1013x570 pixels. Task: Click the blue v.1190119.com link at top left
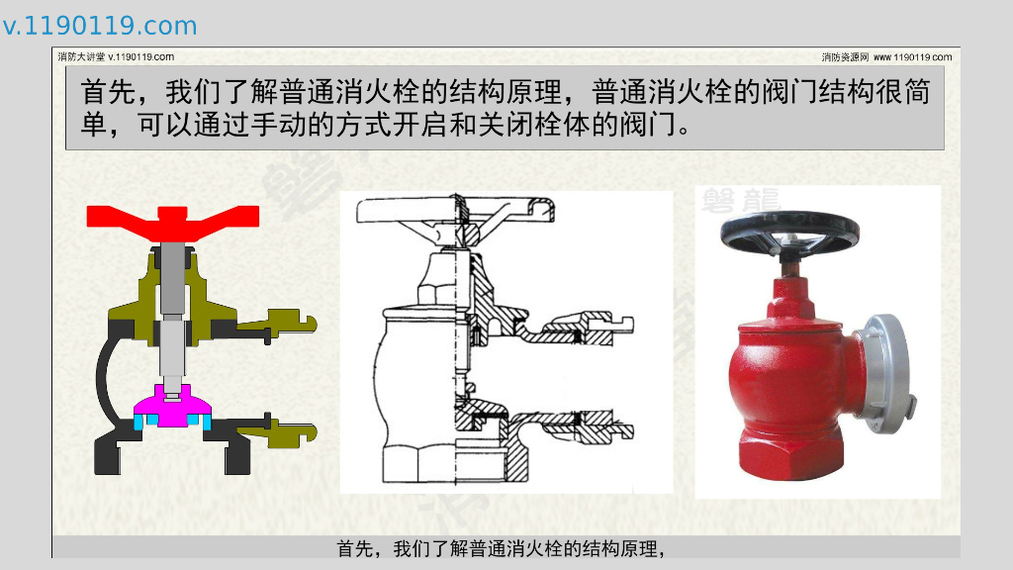tap(100, 26)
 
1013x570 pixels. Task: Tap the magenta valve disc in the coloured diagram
tap(172, 407)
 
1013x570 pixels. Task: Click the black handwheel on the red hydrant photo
tap(789, 233)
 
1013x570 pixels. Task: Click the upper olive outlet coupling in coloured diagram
tap(277, 324)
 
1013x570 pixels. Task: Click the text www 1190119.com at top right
tap(912, 57)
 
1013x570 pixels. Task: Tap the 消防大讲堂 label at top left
tap(81, 56)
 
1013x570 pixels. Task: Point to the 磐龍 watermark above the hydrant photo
tap(741, 201)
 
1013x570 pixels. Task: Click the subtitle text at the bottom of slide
tap(502, 548)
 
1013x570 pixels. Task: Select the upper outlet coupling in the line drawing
tap(585, 327)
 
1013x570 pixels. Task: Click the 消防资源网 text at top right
tap(845, 57)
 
